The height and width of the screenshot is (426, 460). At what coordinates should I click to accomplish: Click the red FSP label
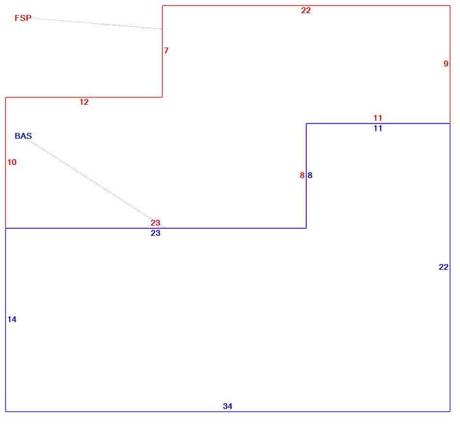coord(23,18)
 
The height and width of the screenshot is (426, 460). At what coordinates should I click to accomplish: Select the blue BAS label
coord(23,136)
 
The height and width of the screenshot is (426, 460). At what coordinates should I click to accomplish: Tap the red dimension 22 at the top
coord(306,10)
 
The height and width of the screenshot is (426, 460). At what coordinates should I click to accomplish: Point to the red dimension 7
coord(167,50)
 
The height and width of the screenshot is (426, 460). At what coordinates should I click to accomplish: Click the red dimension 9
coord(446,64)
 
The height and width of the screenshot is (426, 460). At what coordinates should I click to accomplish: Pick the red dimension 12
coord(84,102)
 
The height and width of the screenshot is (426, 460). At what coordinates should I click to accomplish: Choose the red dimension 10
coord(12,162)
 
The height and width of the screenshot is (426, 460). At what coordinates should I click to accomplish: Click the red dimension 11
coord(378,118)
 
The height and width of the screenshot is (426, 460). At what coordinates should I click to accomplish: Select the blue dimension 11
coord(378,128)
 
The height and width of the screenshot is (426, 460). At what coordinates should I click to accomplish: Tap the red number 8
coord(302,175)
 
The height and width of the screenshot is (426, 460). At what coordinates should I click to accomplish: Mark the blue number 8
coord(310,175)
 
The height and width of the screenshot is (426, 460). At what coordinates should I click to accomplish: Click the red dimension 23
coord(155,223)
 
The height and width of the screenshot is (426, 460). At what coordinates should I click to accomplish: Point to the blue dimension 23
coord(155,233)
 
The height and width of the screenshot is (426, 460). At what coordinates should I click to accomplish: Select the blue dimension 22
coord(444,267)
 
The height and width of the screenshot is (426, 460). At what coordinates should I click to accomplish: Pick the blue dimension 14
coord(12,319)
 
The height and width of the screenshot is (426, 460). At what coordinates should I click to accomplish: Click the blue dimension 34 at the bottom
coord(228,406)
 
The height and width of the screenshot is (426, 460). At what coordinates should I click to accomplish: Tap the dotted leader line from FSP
coord(96,23)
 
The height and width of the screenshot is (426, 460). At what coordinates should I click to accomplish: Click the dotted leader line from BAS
coord(96,183)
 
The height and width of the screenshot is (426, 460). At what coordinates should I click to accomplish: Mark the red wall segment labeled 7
coord(162,51)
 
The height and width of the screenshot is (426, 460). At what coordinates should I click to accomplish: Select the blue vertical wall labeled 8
coord(307,176)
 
